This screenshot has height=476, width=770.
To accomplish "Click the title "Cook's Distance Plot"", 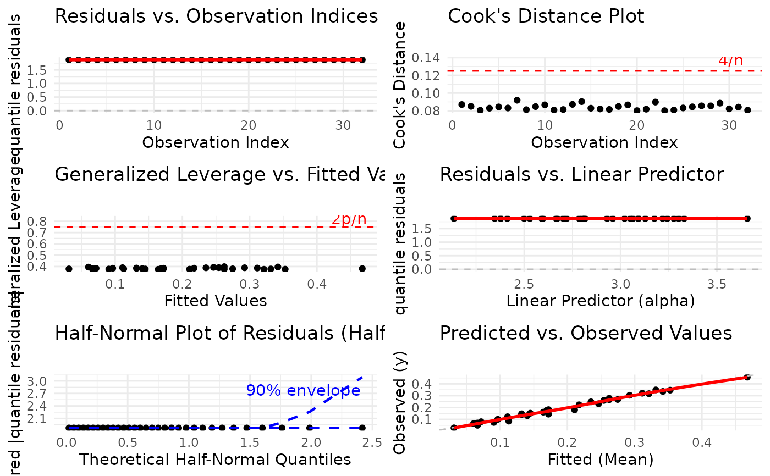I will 546,16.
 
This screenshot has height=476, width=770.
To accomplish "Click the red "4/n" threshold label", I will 730,60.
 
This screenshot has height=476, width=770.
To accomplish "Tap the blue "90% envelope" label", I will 303,390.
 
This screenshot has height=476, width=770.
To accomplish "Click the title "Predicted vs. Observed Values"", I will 586,333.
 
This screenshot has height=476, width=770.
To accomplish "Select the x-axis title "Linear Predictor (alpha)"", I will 601,301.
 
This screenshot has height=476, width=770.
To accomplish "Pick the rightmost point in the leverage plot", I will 362,268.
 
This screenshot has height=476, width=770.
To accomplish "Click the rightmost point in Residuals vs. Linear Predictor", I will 747,218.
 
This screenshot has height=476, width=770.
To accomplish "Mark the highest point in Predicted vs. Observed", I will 747,377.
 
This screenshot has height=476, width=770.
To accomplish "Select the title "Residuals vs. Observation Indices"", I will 217,16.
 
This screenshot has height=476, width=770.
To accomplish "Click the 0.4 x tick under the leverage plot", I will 315,285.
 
